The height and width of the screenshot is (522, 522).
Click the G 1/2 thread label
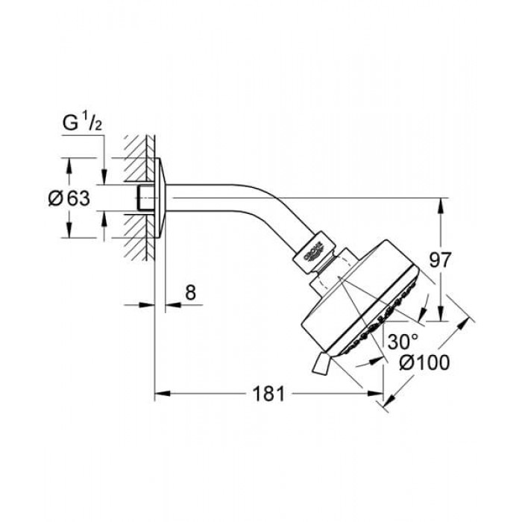tap(82, 123)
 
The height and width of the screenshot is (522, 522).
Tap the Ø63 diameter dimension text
tap(69, 198)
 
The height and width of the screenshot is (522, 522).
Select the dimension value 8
tap(190, 292)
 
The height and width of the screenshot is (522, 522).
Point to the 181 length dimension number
tap(268, 394)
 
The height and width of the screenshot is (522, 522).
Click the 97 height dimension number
tap(440, 260)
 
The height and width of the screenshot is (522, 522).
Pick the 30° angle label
tap(403, 342)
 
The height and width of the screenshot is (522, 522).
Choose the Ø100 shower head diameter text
tap(425, 362)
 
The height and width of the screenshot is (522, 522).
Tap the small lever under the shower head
tap(320, 364)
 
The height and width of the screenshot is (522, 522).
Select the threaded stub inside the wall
tap(145, 198)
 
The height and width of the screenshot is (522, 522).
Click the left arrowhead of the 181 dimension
tap(163, 394)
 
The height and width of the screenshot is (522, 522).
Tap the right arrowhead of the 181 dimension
tap(375, 394)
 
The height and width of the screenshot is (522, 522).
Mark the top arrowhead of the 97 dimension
tap(440, 205)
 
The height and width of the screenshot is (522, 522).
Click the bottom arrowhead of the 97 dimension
tap(440, 314)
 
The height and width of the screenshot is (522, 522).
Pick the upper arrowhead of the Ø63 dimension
tap(69, 165)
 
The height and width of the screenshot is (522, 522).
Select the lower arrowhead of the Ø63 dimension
tap(69, 230)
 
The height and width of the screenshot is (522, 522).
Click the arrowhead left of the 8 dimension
tap(147, 304)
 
